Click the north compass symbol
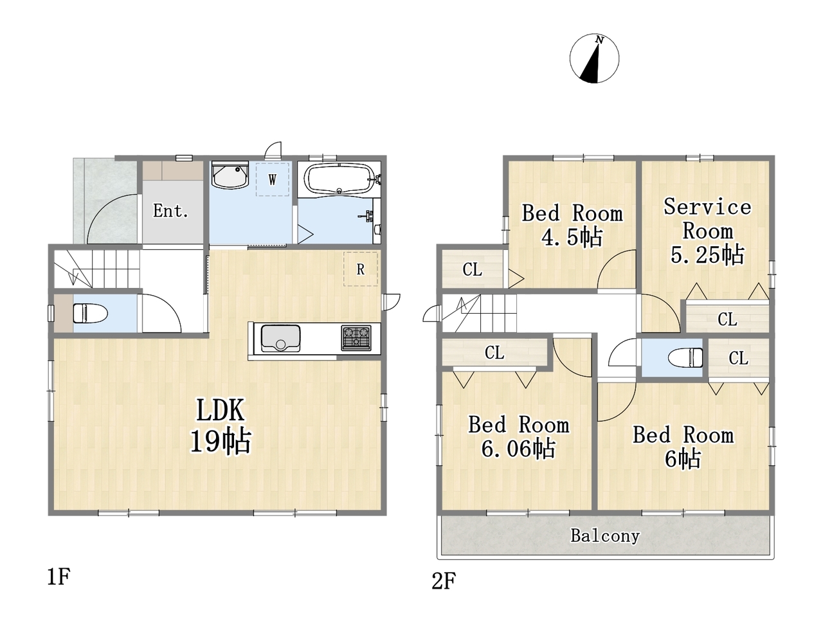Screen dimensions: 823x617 coord(594,58)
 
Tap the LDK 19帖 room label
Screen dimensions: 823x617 coord(221,425)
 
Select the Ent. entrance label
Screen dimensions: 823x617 coord(170,211)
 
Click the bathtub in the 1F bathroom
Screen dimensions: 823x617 coord(339,179)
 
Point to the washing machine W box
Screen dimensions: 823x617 coord(273,179)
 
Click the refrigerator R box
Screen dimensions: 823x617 coord(360,269)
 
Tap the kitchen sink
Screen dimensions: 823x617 coord(280,338)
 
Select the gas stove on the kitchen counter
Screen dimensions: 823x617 coord(356,338)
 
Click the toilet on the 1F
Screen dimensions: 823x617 coord(90,313)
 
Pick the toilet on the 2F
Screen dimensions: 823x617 coord(685,357)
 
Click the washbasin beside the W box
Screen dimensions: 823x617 coord(230,175)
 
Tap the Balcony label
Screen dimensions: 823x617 coord(605,536)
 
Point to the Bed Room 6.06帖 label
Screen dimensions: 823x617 coord(518,436)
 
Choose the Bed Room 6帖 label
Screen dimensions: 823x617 coord(683,447)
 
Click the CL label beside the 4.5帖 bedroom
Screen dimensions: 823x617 coord(472,269)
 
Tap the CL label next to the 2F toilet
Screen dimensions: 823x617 coord(738,358)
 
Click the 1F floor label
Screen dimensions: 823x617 coord(59,577)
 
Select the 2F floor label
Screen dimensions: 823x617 coord(444,581)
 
